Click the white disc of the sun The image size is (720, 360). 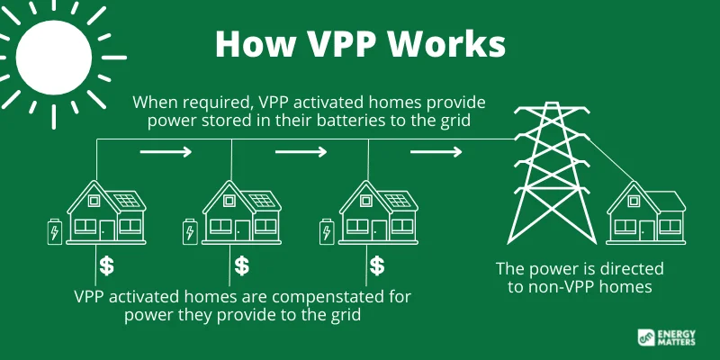[x=54, y=58]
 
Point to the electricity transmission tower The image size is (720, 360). [x=552, y=174]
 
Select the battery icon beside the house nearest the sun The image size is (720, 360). [x=55, y=231]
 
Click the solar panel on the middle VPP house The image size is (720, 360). [x=262, y=200]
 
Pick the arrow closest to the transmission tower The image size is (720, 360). [x=436, y=151]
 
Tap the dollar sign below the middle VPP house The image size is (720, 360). [x=241, y=265]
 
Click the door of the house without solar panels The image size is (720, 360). [x=647, y=230]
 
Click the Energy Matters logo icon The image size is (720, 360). [x=646, y=337]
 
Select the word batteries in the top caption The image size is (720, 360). [x=370, y=121]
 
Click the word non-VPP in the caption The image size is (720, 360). [x=554, y=287]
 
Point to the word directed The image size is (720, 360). [x=635, y=268]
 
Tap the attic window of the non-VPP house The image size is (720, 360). [x=634, y=201]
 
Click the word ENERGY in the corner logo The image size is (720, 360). [x=677, y=334]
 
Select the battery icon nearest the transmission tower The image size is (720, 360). [x=327, y=231]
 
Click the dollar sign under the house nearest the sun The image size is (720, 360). [x=106, y=265]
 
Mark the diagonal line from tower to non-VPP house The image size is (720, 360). [x=611, y=159]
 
